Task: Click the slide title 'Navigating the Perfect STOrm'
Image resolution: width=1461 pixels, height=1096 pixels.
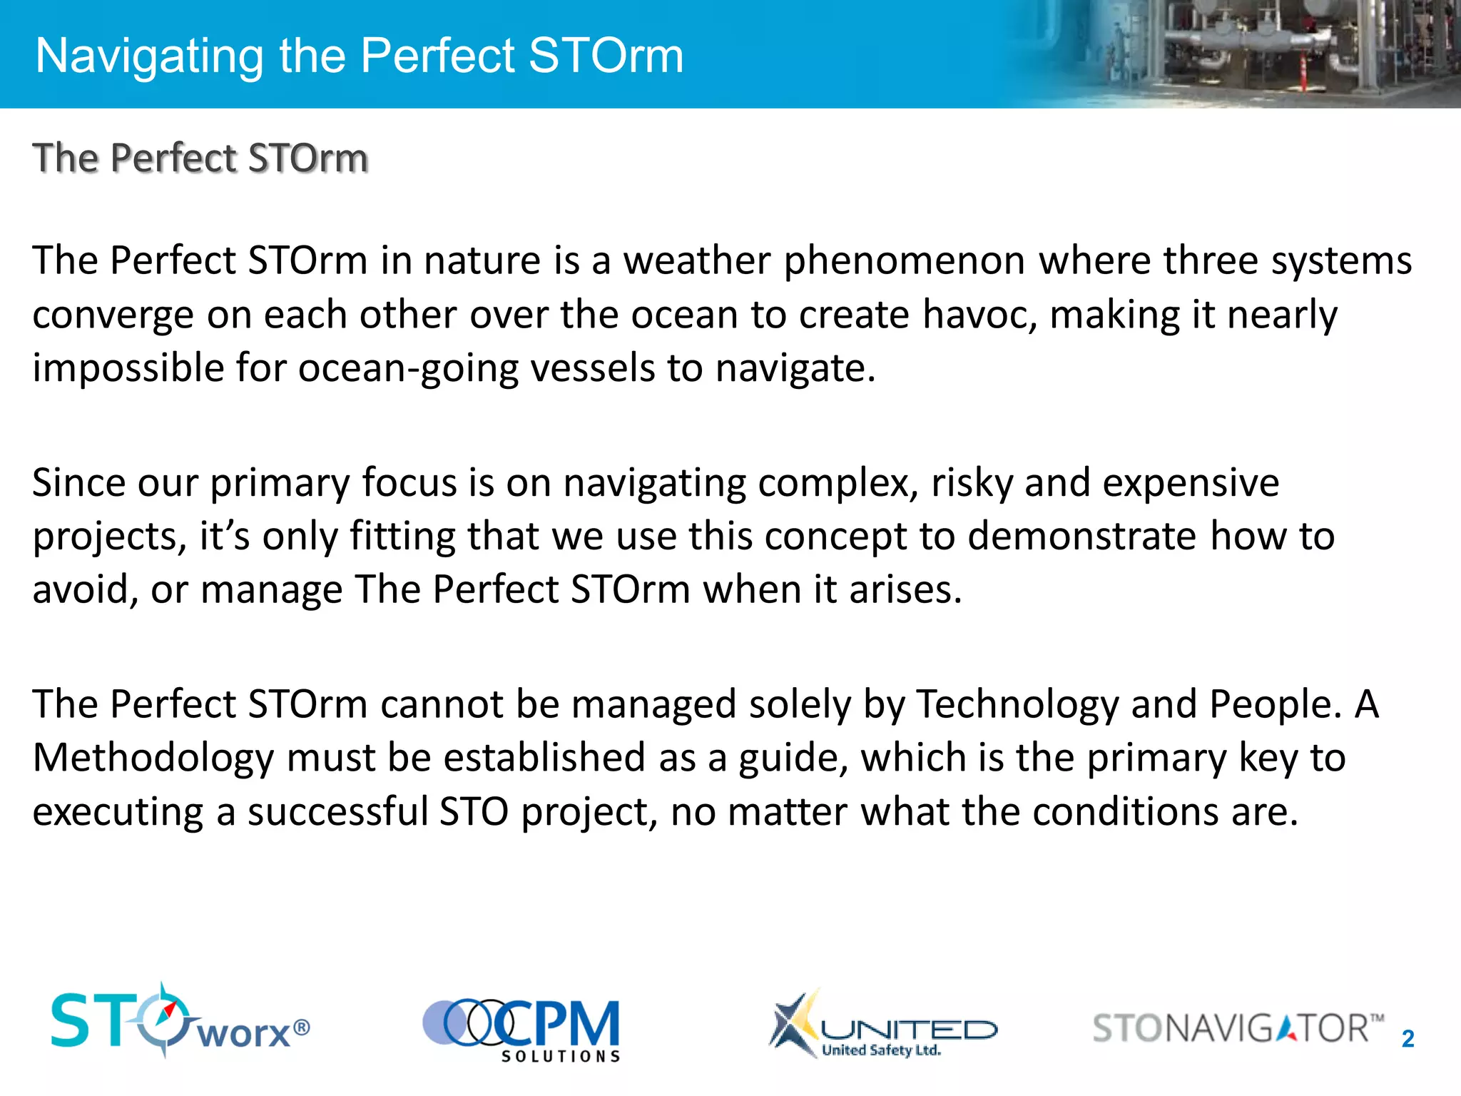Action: [x=359, y=56]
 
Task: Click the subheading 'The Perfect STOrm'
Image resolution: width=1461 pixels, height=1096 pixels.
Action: [x=200, y=158]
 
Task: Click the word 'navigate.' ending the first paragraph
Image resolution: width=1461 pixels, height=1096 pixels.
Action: [x=795, y=369]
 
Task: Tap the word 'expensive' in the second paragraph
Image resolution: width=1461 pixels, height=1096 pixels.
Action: [x=1191, y=483]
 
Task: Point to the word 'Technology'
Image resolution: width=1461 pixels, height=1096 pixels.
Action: [x=1017, y=705]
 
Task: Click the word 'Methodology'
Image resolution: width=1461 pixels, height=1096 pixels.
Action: [x=153, y=758]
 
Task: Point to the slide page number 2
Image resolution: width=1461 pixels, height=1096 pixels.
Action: [x=1407, y=1039]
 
